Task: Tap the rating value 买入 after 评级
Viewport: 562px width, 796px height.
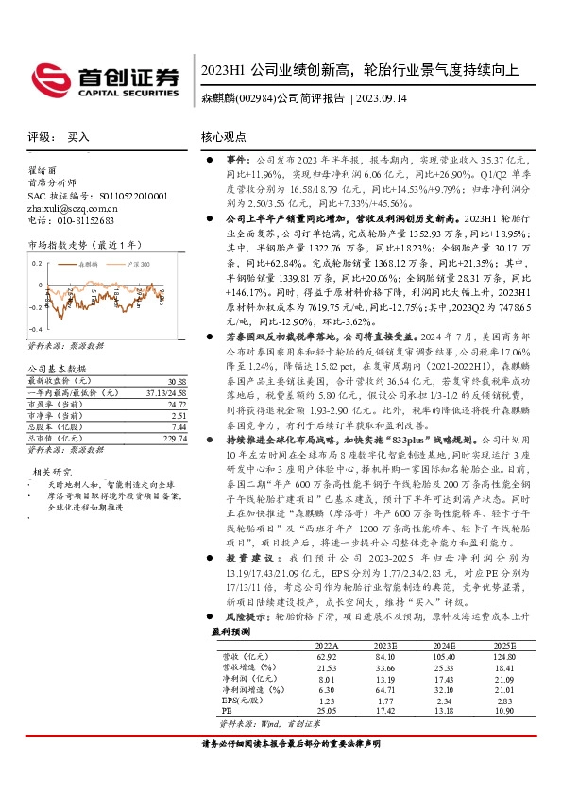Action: point(78,137)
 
